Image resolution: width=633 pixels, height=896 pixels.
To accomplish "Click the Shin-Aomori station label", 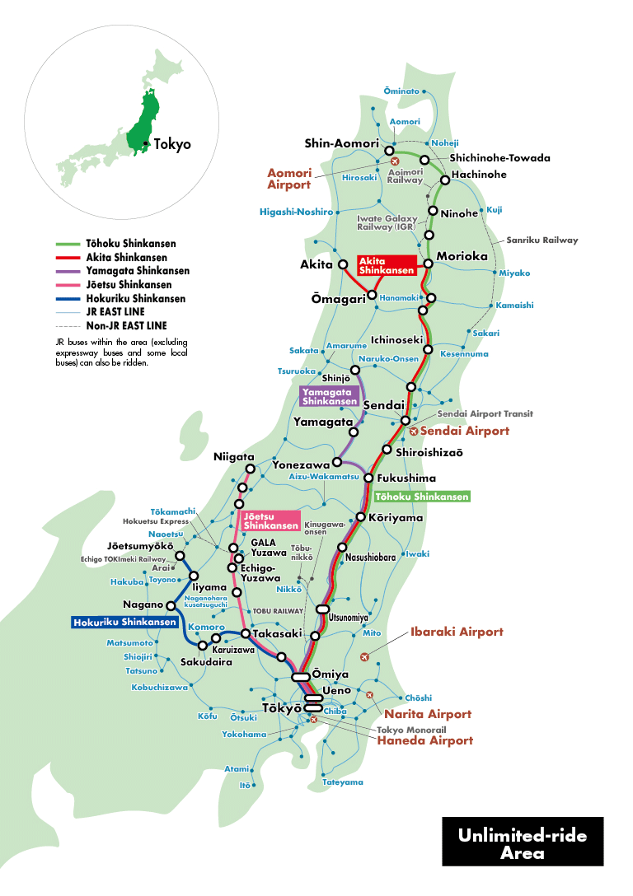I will (x=341, y=143).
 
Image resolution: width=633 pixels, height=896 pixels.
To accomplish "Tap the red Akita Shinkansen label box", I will (x=387, y=265).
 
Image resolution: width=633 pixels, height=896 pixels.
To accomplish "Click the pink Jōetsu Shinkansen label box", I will (x=270, y=520).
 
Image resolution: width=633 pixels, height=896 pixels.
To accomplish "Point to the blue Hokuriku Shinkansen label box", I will (x=124, y=623).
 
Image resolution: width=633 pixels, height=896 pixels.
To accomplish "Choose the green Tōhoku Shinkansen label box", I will (x=422, y=497).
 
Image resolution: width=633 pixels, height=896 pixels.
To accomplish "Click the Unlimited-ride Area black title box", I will (x=523, y=843).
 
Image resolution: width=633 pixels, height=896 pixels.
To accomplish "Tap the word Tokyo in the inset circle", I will (x=172, y=144).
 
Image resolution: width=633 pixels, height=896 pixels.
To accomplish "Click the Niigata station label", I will (x=234, y=457).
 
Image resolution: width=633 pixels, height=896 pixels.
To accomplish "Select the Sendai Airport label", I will (x=465, y=431).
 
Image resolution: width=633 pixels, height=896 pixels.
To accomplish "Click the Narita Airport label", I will (x=428, y=714).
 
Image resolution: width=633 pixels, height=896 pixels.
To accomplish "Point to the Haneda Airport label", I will (x=425, y=740).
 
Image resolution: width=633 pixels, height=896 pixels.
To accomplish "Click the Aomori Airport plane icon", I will (x=395, y=161).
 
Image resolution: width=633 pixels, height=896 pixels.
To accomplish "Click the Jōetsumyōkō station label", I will (x=140, y=546).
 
